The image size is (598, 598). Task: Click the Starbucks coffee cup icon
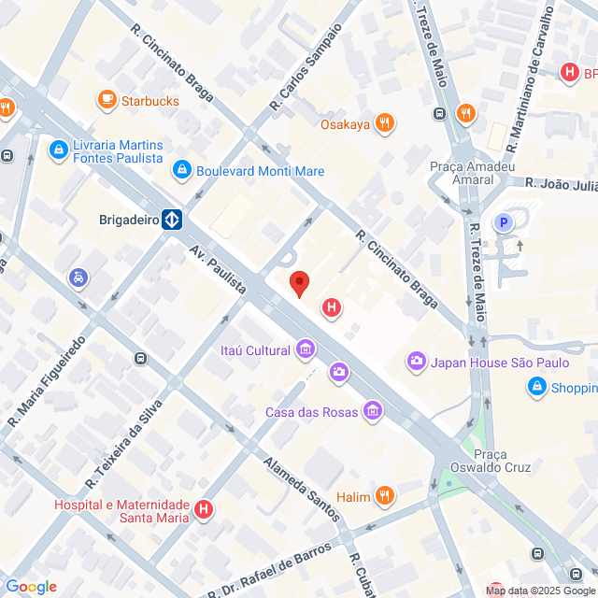tap(107, 100)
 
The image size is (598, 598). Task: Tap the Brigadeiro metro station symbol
tap(172, 221)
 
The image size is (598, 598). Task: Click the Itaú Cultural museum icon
tap(305, 350)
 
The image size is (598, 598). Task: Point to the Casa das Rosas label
tap(312, 412)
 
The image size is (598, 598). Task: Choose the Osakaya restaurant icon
tap(384, 123)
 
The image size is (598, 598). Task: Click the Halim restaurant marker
tap(384, 495)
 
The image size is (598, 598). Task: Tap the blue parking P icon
tap(504, 222)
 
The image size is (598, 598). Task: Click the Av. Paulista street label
tap(218, 271)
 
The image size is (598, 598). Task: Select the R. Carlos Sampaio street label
tap(306, 68)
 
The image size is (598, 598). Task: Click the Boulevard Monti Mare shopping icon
tap(181, 171)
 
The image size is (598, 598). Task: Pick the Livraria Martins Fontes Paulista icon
tap(59, 149)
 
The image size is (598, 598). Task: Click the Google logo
tap(31, 586)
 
